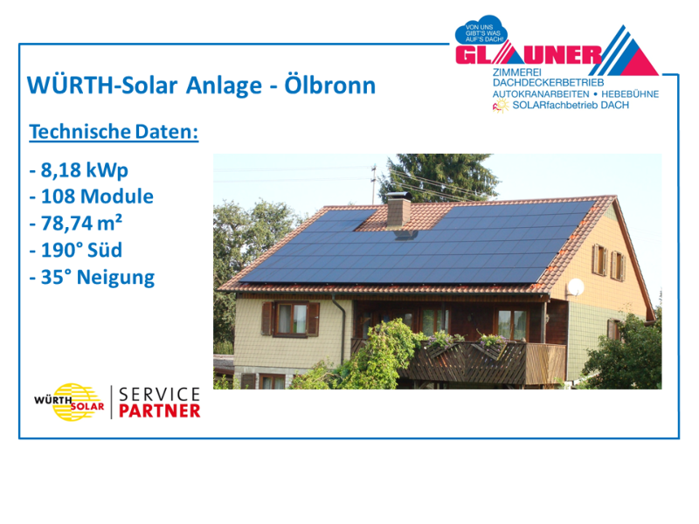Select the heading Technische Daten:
click(114, 132)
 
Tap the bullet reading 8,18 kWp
click(79, 170)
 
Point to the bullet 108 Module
click(92, 196)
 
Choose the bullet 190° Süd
click(76, 250)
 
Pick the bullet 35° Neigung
click(92, 278)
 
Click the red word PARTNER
click(160, 411)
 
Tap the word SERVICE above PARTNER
click(160, 395)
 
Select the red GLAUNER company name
click(529, 55)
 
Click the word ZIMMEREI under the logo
click(516, 72)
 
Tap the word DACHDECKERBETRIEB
click(549, 83)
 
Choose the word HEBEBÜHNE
click(630, 94)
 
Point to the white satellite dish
click(576, 287)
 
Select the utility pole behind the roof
click(374, 183)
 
